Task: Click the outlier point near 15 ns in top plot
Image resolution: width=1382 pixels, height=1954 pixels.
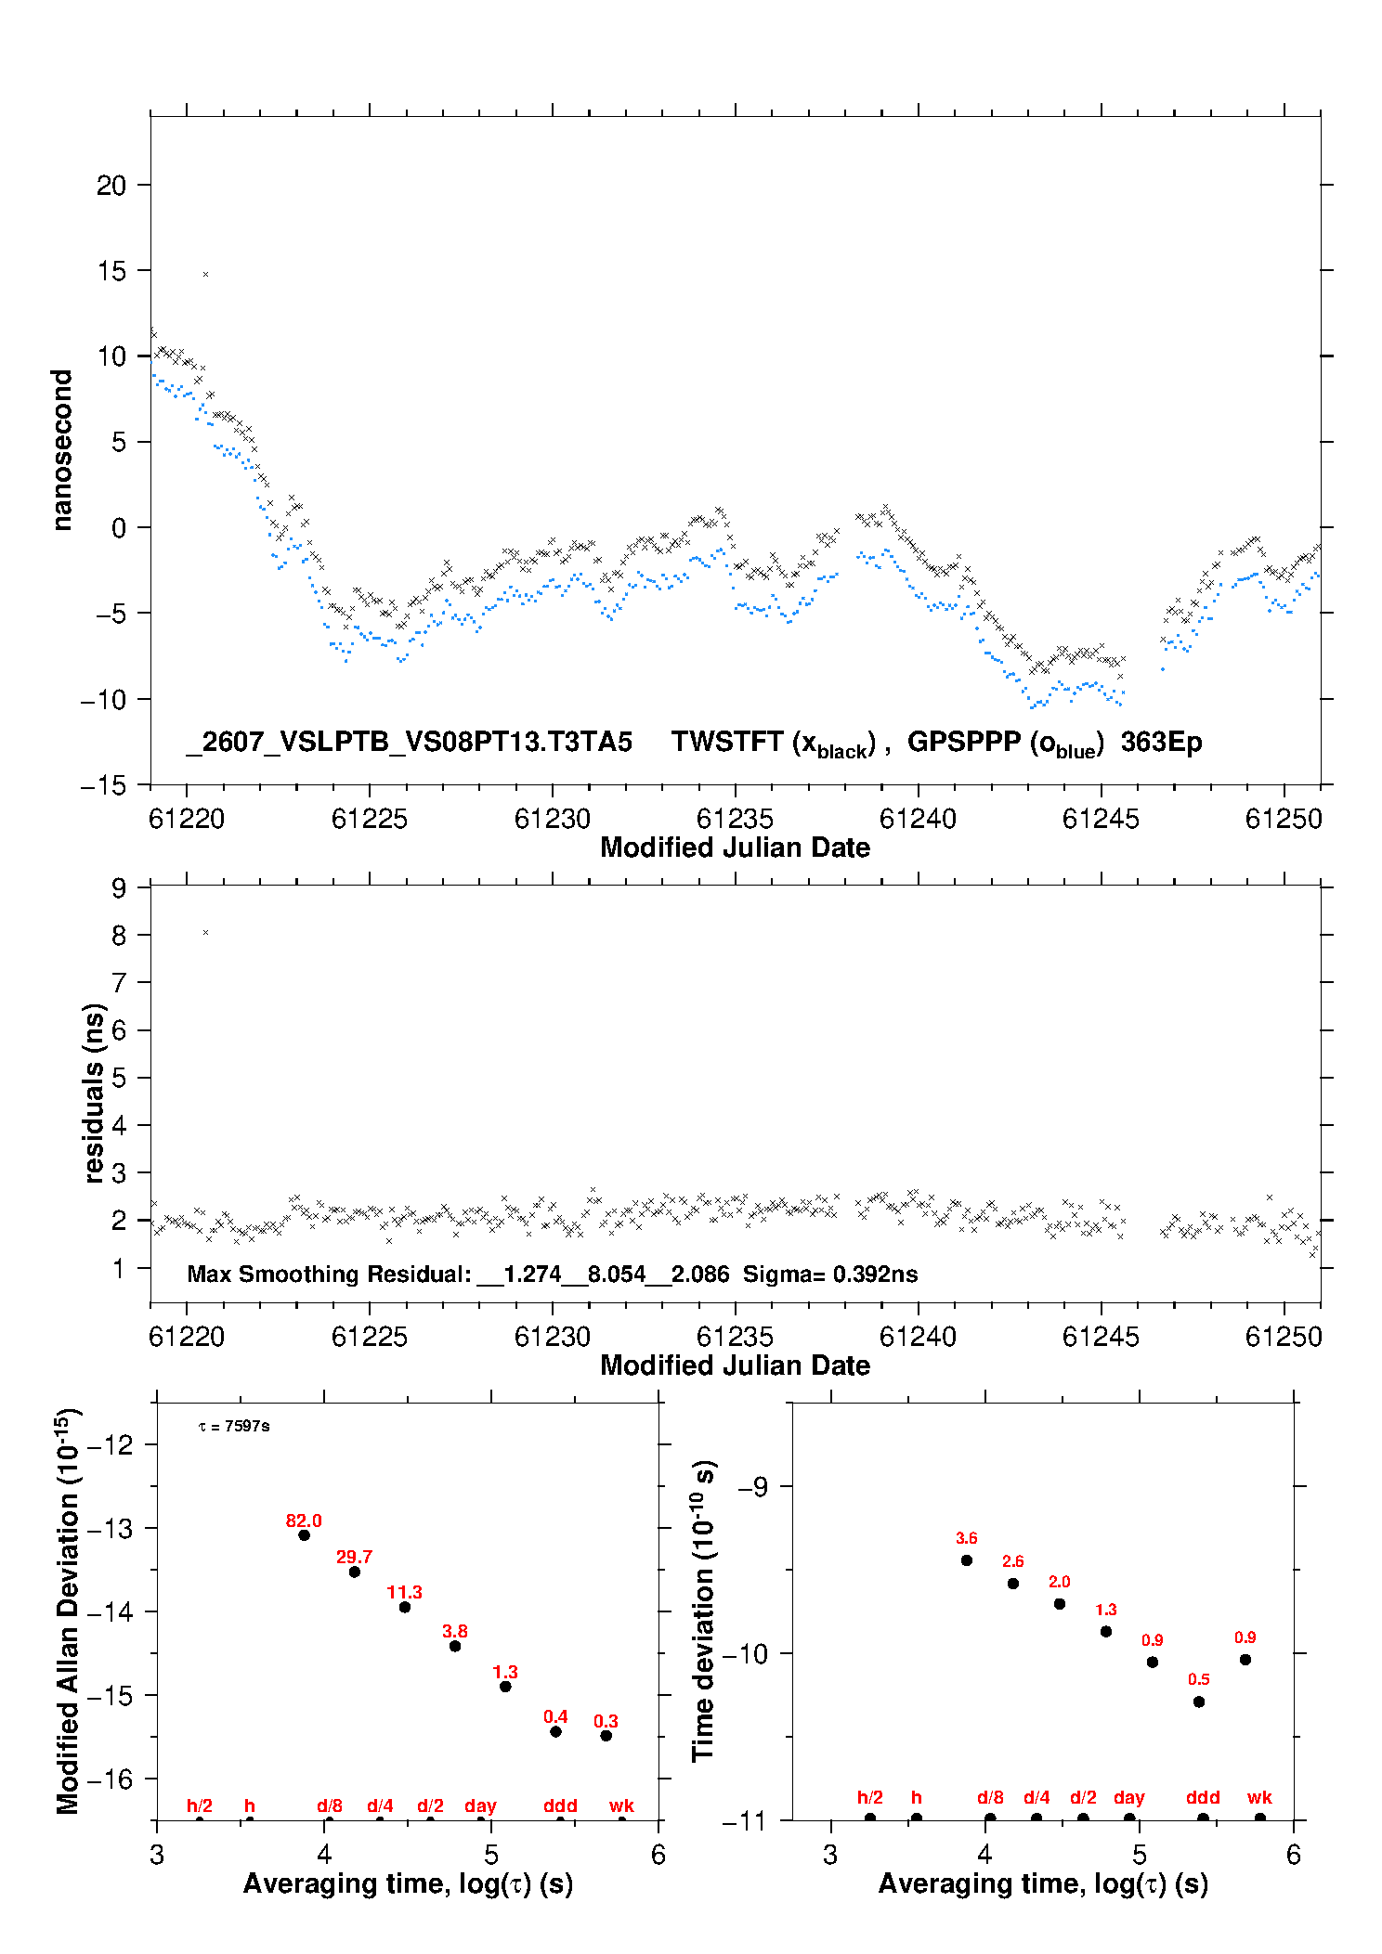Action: click(205, 274)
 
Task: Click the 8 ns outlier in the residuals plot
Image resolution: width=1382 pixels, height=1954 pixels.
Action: click(205, 932)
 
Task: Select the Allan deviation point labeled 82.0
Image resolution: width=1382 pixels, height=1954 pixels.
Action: click(304, 1534)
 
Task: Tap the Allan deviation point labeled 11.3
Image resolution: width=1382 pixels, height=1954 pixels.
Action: click(405, 1607)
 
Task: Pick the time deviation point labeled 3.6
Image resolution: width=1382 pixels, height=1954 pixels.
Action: click(967, 1560)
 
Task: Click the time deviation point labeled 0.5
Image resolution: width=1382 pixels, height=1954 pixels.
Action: click(1199, 1702)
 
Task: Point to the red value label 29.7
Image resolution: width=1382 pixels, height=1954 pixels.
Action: click(354, 1557)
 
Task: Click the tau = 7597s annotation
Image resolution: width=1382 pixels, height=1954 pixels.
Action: click(234, 1426)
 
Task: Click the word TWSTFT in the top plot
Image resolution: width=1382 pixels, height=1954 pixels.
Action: click(727, 742)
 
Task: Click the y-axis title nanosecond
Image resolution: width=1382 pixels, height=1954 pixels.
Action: click(62, 449)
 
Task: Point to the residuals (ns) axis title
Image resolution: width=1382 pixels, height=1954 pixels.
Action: click(94, 1093)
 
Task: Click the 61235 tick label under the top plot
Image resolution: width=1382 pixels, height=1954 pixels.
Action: click(735, 819)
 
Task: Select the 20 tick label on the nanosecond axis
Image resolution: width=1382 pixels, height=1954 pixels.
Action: click(111, 186)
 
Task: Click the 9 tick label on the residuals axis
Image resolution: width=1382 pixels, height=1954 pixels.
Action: click(119, 888)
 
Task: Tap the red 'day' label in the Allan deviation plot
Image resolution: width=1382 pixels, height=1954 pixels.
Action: click(480, 1805)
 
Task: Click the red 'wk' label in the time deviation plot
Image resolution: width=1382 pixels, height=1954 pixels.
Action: click(1259, 1797)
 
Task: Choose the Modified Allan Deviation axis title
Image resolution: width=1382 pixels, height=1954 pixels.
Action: click(68, 1611)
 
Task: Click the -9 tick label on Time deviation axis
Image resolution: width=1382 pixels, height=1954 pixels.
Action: click(752, 1486)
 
